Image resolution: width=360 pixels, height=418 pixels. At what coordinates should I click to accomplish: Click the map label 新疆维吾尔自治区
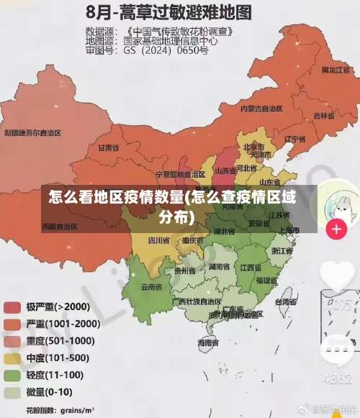pos(32,133)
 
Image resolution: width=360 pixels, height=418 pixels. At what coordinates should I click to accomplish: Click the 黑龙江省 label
pos(336,69)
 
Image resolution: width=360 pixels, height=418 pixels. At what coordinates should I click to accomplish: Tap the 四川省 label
pos(158,240)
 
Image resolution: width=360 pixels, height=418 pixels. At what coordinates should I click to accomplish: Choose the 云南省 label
pos(150,286)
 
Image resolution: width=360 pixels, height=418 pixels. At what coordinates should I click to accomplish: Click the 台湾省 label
pos(286,302)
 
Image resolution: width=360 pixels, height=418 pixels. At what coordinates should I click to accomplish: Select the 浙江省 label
pos(282,251)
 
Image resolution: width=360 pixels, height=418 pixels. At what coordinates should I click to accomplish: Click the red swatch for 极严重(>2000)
pos(12,307)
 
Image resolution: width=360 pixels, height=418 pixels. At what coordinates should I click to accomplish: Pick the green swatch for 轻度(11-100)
pos(12,376)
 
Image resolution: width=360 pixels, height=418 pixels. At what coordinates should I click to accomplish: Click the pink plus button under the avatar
pos(336,230)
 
